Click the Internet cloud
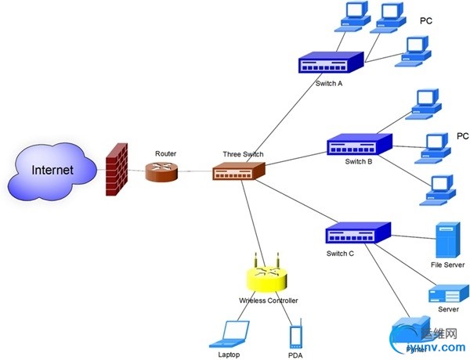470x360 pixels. coord(52,170)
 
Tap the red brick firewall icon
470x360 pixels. coord(117,169)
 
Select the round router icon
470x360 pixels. coord(162,171)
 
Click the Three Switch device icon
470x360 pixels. coord(239,171)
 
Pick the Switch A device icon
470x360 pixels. coord(331,63)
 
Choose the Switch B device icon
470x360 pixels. coord(360,146)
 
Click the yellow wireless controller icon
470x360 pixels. coord(267,278)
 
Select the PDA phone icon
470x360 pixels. coord(295,337)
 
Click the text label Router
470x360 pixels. coord(166,153)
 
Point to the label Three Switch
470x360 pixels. coord(244,154)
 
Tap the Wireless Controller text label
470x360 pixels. coord(269,301)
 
